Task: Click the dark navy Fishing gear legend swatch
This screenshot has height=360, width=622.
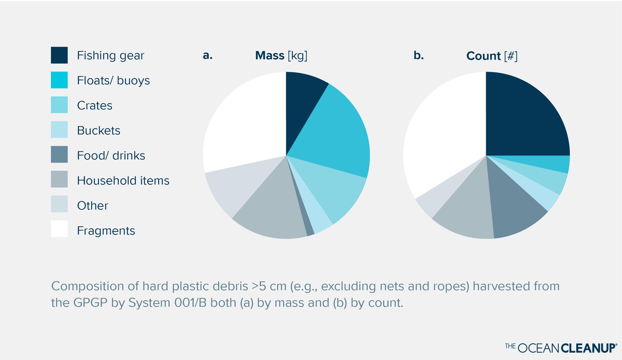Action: point(59,55)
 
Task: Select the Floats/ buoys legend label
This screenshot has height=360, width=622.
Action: point(114,80)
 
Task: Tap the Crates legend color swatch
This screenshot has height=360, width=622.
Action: point(59,105)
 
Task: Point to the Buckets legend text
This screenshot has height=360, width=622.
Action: point(98,131)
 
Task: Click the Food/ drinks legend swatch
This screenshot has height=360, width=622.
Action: point(59,155)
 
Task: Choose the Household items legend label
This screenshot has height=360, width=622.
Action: point(123,181)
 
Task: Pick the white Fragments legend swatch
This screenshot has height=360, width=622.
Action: point(59,229)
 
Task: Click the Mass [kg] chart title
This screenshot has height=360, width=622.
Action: point(281,56)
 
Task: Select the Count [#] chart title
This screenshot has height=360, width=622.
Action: point(491,56)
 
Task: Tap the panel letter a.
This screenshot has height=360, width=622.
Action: point(207,56)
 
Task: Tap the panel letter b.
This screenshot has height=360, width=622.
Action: point(418,56)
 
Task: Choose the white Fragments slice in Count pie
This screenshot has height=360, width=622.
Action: point(441,140)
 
